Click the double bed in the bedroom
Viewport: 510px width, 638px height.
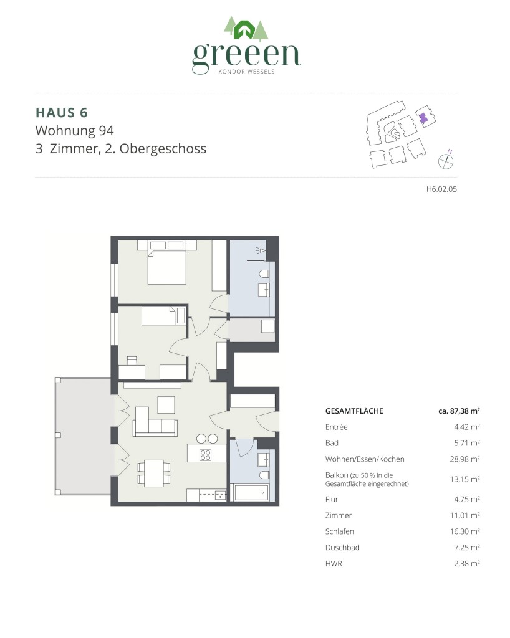[x=166, y=266]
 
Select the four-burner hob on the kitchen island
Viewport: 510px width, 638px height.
[x=205, y=454]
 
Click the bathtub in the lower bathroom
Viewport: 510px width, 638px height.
[x=251, y=493]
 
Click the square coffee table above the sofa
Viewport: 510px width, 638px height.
[x=166, y=404]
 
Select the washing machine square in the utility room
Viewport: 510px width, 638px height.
[x=267, y=327]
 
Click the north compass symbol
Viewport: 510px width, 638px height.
[x=446, y=160]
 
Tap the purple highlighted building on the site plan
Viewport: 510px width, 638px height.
[x=423, y=118]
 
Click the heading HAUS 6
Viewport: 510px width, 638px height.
[x=62, y=112]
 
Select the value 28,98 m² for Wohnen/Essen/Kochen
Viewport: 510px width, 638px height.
[x=463, y=459]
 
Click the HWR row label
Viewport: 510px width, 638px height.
[x=334, y=563]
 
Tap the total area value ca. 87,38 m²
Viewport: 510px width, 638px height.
[x=459, y=411]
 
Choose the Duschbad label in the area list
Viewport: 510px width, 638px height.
[x=342, y=548]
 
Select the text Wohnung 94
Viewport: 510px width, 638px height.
[x=74, y=131]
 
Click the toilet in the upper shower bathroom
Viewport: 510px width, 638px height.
[x=265, y=274]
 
